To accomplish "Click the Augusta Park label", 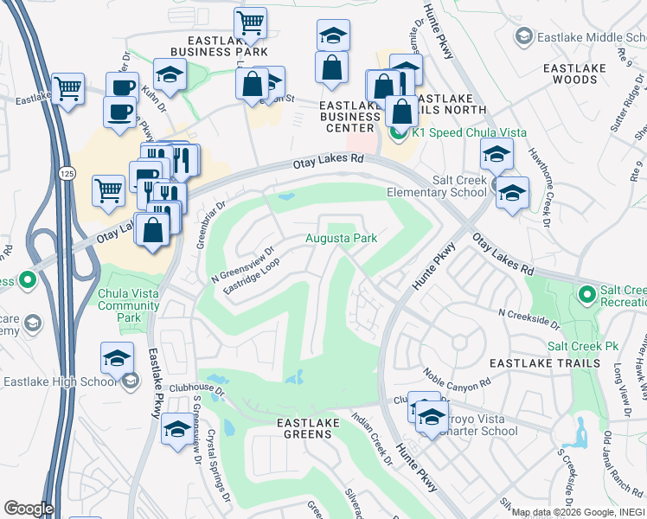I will tap(342, 238).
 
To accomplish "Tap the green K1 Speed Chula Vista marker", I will tap(398, 133).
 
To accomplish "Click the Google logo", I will tap(29, 509).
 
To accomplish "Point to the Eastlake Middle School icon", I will tap(522, 37).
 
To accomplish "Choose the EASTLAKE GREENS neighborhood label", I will tap(304, 428).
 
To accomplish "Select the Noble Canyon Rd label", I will tap(456, 377).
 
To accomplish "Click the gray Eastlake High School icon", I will tap(130, 381).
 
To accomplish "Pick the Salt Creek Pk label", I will tap(582, 345).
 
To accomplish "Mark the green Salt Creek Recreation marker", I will tap(587, 296).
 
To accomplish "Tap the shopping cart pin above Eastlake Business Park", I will tap(250, 23).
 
